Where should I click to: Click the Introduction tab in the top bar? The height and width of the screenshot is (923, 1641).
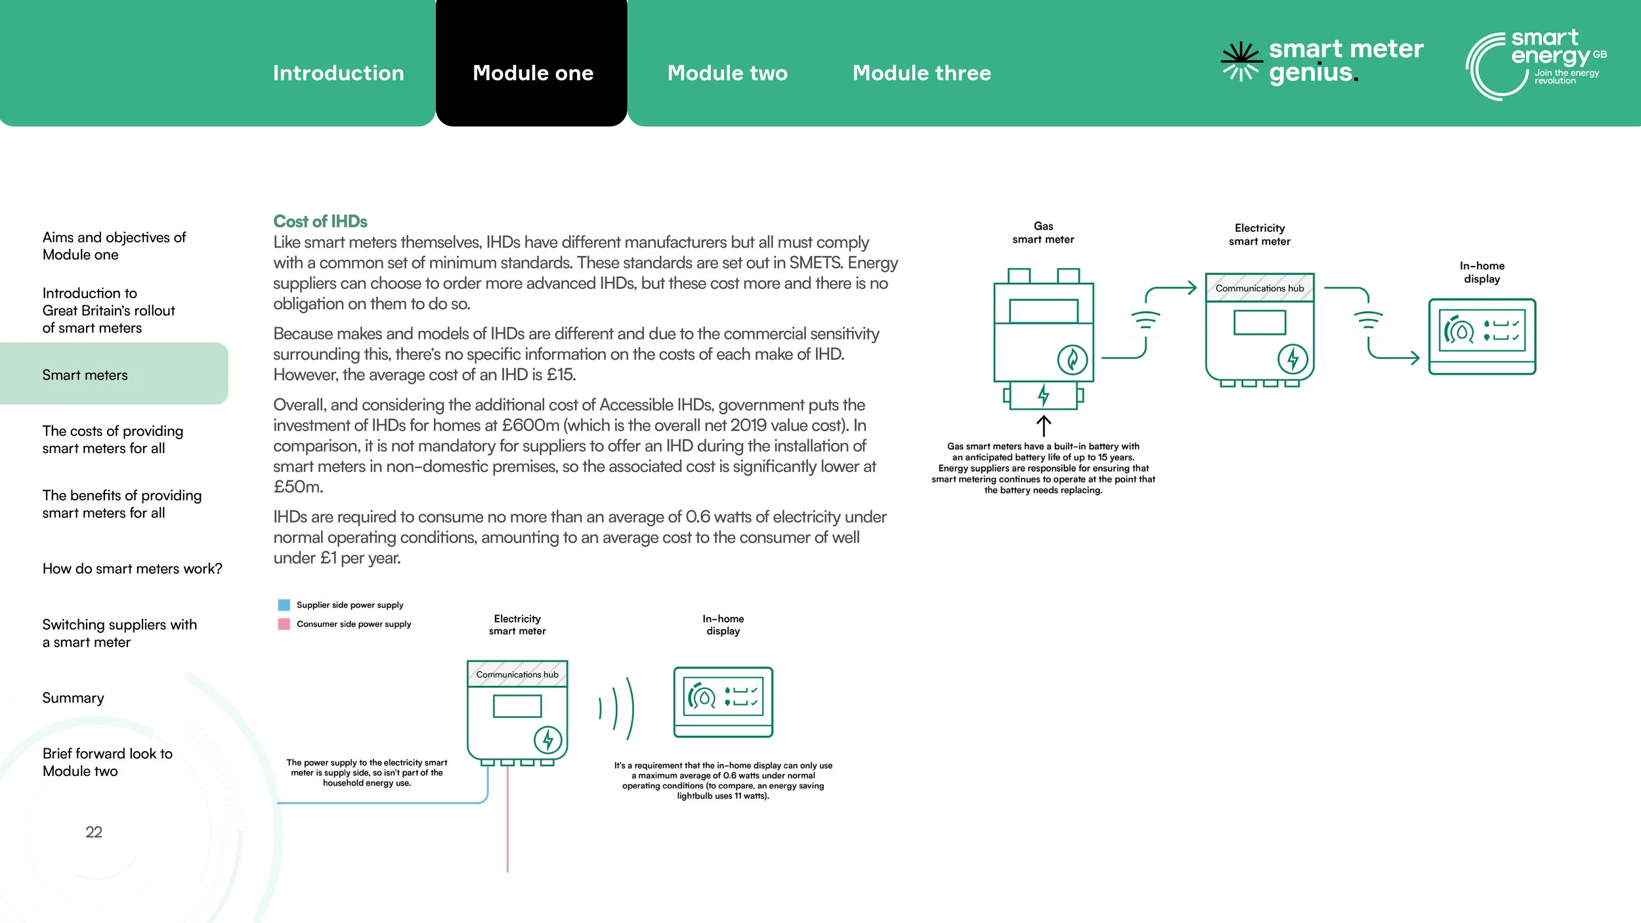point(338,73)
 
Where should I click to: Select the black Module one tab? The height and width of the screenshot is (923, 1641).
point(532,73)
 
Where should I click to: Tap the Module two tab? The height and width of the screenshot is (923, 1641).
point(727,73)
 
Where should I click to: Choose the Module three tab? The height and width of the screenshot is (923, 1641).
point(921,73)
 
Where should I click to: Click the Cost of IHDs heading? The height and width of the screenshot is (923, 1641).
point(320,221)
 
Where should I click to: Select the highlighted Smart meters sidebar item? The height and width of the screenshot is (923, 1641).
point(85,375)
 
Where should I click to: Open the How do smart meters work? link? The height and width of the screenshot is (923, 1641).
point(132,569)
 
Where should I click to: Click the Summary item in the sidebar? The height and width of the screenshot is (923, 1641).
point(73,698)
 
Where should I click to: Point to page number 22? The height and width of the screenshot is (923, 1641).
point(94,832)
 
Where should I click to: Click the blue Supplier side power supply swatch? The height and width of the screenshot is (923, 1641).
point(284,605)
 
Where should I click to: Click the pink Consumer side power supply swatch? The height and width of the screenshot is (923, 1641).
point(284,624)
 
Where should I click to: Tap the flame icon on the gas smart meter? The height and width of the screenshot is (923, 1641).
point(1072,360)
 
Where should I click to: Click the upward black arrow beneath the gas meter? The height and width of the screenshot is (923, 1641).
point(1043,425)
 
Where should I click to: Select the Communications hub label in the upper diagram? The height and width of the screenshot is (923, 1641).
point(1259,288)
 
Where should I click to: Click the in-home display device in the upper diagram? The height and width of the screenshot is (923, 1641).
point(1481,336)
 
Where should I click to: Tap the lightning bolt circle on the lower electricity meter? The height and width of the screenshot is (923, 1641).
point(547,740)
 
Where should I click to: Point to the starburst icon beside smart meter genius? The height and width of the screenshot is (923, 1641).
point(1241,62)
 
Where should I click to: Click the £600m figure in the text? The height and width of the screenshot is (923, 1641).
point(530,425)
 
